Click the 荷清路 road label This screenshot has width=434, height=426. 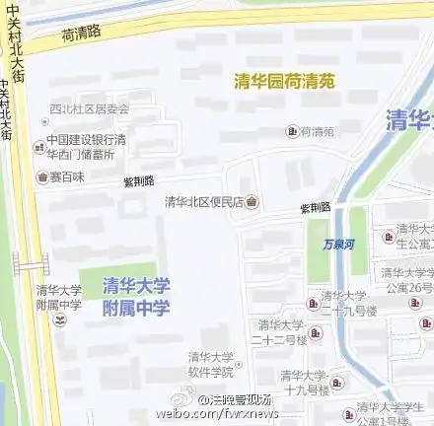[81, 33]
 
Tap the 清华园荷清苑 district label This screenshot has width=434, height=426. [285, 82]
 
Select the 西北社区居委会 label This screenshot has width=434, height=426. [90, 108]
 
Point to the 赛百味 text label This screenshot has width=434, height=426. [67, 177]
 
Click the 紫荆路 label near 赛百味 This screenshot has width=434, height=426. [138, 182]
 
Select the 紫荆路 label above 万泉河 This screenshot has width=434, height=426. [315, 209]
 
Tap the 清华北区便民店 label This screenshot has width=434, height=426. [204, 202]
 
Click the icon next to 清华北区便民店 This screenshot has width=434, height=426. [253, 202]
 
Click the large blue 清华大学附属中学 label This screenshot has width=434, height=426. [136, 296]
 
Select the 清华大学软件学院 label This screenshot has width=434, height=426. [212, 364]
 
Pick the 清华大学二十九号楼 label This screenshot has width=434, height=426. [342, 302]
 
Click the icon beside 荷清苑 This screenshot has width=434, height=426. [291, 131]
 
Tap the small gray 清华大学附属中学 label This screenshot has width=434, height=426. [58, 297]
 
